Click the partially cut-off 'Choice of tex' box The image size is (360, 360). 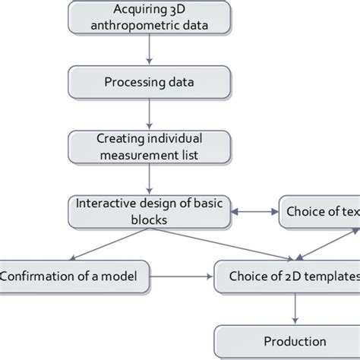point(320,212)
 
